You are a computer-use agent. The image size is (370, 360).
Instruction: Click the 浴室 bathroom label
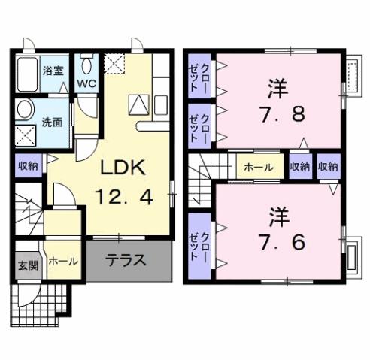52,72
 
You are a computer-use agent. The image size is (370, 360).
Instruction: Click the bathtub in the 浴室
26,74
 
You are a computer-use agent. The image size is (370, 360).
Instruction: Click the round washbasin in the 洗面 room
26,111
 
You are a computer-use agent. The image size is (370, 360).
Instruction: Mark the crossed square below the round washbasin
26,136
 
